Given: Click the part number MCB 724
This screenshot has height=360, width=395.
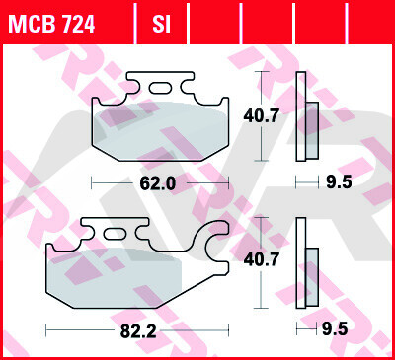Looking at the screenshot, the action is [51, 24].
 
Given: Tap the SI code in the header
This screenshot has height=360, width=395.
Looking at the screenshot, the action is [161, 24].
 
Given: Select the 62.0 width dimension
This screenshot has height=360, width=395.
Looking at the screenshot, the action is [158, 183].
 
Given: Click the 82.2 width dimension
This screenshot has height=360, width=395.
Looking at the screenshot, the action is [138, 331].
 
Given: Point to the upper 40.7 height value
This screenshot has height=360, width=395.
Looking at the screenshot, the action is [262, 115].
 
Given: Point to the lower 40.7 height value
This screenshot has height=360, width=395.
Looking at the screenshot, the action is [262, 259].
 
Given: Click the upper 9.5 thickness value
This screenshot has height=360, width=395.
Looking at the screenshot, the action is [339, 182].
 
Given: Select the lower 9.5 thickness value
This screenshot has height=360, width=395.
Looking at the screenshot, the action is [335, 329].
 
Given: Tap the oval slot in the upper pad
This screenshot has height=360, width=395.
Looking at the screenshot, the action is [160, 88].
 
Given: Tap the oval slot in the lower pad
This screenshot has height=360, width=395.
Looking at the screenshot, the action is [115, 234].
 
